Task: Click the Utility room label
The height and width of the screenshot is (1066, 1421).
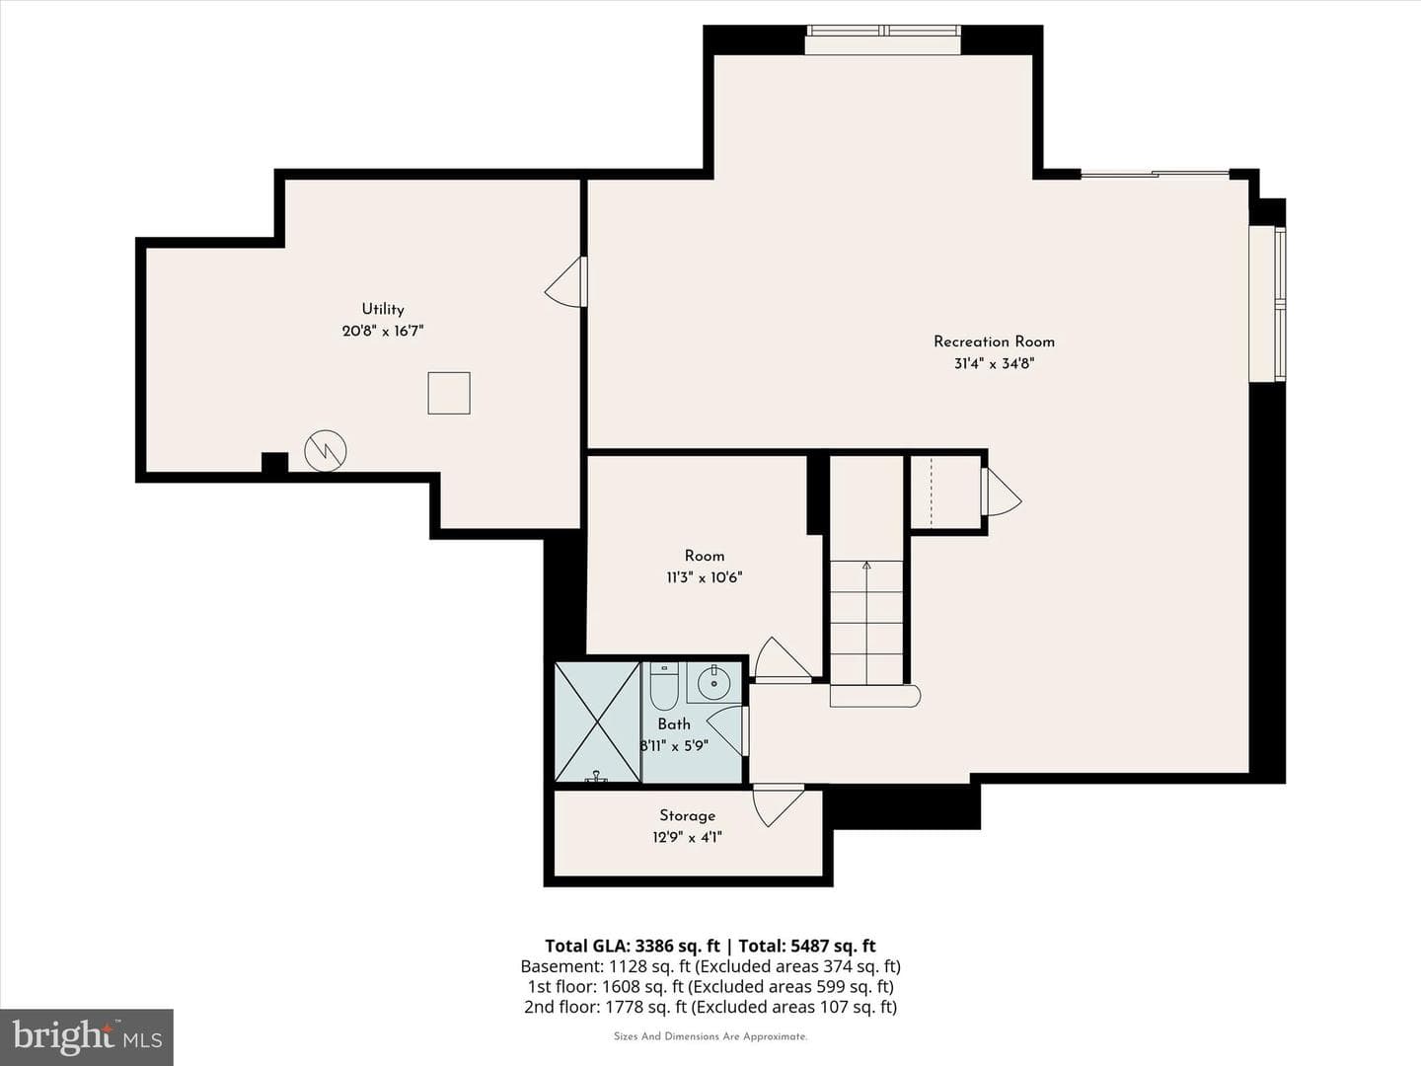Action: tap(383, 309)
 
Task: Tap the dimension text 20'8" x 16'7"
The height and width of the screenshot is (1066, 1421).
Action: tap(383, 332)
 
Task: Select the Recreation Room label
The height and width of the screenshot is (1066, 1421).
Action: tap(994, 342)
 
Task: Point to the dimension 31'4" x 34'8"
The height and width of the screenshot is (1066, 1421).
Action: tap(994, 364)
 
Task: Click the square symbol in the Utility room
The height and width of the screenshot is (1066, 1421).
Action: tap(449, 393)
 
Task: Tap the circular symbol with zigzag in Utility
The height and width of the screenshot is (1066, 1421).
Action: tap(326, 450)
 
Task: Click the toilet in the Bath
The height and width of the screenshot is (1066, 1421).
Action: tap(663, 685)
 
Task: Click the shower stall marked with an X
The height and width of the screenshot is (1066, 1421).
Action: tap(598, 722)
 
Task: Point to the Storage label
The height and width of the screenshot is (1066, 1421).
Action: tap(687, 815)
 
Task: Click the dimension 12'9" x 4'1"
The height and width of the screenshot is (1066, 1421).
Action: tap(687, 838)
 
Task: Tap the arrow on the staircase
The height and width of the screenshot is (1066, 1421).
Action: tap(866, 623)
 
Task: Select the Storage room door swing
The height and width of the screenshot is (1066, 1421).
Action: tap(778, 806)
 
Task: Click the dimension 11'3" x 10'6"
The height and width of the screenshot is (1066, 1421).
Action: tap(705, 577)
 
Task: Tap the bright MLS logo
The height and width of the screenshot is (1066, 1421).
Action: tap(86, 1036)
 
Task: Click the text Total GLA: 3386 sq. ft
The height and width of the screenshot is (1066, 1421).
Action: tap(632, 947)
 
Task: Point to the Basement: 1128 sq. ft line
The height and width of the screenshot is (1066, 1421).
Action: tap(710, 966)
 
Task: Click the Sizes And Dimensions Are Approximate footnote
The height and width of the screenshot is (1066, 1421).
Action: tap(710, 1036)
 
